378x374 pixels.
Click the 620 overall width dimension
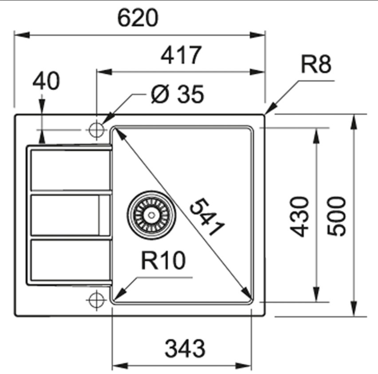138,18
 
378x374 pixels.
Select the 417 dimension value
181,55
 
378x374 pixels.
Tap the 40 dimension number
46,80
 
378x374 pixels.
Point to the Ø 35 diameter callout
177,94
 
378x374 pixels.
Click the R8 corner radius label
316,64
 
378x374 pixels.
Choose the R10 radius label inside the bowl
163,260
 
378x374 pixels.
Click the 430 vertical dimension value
299,216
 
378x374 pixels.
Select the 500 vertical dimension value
336,216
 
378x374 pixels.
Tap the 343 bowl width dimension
185,349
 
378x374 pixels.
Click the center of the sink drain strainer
151,215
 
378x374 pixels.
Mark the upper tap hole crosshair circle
96,130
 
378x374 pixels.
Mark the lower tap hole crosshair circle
96,300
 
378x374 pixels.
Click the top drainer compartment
71,170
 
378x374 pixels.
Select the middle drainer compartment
71,215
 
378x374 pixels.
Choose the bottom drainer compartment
71,260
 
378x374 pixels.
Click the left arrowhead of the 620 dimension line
22,35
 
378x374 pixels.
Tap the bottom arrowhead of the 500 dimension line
354,308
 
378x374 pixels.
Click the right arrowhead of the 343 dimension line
244,366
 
